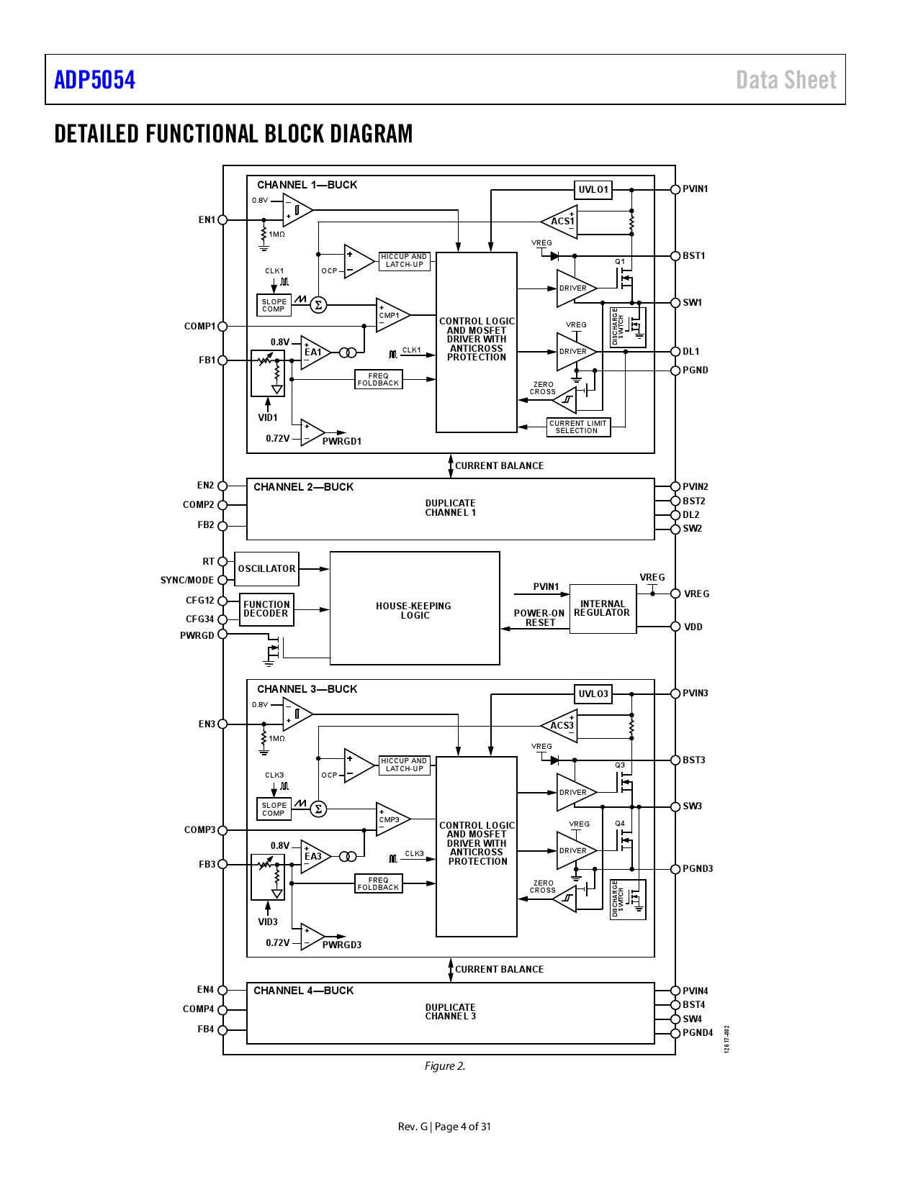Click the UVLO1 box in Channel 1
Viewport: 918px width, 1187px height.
click(593, 190)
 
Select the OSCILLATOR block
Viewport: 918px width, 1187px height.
click(266, 569)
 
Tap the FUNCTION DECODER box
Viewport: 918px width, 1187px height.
click(266, 609)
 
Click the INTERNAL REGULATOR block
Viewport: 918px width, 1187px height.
click(603, 609)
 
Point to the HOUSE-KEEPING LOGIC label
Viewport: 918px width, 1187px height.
click(414, 611)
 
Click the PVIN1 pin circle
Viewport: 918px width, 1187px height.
click(675, 189)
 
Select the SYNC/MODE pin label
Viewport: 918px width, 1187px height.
click(187, 581)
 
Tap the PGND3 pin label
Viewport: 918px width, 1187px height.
click(698, 869)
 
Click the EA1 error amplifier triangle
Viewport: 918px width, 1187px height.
click(314, 353)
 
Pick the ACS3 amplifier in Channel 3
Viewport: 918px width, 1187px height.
click(562, 725)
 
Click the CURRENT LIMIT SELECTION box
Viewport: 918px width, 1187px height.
click(578, 427)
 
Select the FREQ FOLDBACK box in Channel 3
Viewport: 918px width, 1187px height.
click(379, 883)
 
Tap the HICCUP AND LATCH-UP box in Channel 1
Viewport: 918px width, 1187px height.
click(405, 260)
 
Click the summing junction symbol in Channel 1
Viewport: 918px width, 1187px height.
click(318, 305)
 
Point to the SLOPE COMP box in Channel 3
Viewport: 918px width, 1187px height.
click(274, 809)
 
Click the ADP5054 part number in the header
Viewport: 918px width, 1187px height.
click(94, 80)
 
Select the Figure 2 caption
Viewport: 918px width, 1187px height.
click(445, 1066)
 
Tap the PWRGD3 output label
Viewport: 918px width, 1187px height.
click(342, 945)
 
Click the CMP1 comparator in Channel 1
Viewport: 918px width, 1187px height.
click(390, 315)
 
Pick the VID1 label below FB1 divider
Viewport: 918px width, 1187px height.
click(268, 418)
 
